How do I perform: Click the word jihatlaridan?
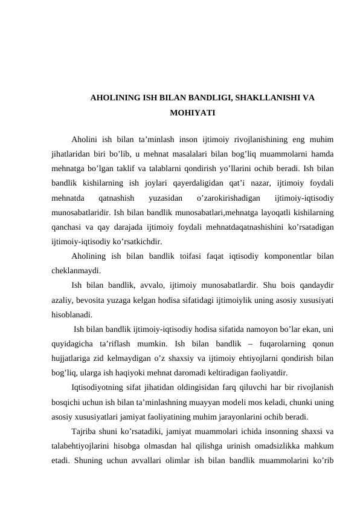(x=74, y=154)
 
